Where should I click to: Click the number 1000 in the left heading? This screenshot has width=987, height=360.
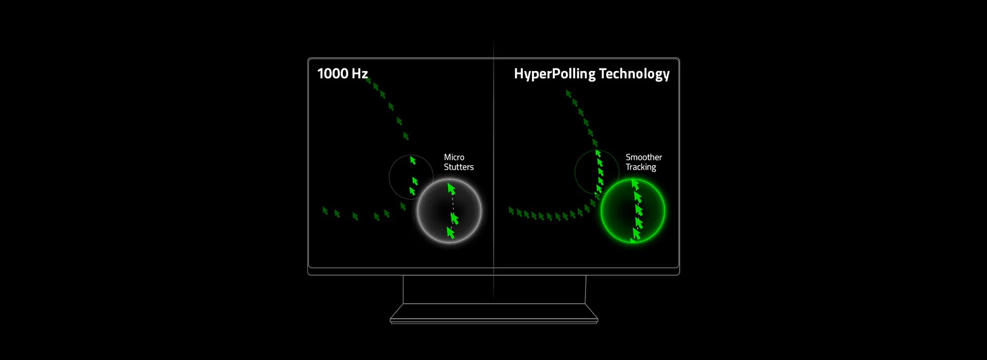(332, 74)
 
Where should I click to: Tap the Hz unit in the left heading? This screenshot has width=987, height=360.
(360, 74)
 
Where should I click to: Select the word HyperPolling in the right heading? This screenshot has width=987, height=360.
(555, 74)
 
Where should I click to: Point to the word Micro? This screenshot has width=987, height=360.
(454, 157)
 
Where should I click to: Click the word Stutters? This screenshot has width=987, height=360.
(459, 167)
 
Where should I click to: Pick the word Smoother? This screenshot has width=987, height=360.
(644, 157)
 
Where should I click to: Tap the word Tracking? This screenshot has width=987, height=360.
(641, 167)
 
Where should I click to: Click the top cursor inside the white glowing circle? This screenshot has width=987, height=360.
(451, 189)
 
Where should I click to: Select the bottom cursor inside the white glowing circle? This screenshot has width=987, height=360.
(451, 233)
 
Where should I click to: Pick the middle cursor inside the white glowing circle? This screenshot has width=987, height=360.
(454, 219)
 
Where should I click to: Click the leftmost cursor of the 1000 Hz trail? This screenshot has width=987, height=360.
(325, 210)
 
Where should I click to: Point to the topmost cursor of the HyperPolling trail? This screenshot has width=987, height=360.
(568, 94)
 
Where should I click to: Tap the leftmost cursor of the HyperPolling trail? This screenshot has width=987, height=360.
(511, 210)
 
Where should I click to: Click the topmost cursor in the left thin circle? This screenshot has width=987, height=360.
(412, 160)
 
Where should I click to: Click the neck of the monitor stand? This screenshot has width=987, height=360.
(493, 289)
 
